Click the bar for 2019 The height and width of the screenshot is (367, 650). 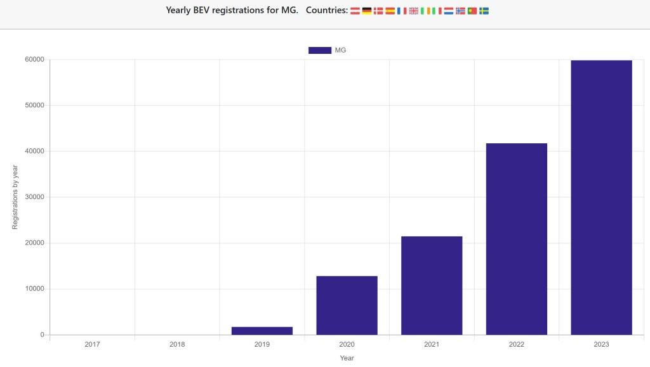point(262,330)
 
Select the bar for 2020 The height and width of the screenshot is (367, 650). point(347,305)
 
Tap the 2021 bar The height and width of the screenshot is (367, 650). point(432,285)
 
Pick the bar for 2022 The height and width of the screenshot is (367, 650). point(516,239)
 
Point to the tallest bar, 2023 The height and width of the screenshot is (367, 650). point(601,197)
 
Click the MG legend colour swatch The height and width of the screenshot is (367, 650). point(319,50)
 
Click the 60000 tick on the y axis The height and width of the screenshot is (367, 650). point(34,60)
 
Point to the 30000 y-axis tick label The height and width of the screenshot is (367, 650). point(34,197)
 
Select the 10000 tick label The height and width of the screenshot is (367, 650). point(34,289)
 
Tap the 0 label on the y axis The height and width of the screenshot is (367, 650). point(42,335)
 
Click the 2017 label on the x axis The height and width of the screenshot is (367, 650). point(92,345)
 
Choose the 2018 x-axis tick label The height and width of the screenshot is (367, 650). point(177,345)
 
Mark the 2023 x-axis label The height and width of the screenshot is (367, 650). point(601,345)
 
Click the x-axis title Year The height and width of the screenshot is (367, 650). point(347,358)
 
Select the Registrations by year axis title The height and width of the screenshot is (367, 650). point(15,197)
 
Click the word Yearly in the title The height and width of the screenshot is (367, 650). point(178,10)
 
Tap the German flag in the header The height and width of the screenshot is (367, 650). point(367,11)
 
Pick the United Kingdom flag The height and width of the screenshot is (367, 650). point(414,11)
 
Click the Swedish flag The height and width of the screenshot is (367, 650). point(484,11)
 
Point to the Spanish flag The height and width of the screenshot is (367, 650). point(390,11)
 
